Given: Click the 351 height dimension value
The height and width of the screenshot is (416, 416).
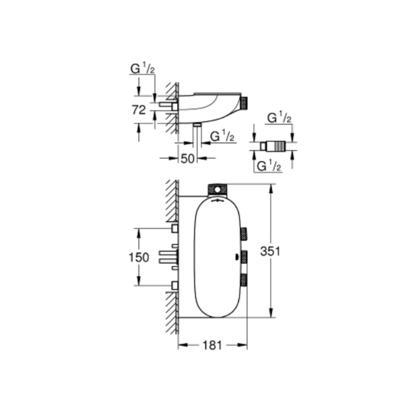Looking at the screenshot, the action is [270, 251].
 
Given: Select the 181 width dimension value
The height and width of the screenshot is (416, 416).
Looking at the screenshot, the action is [212, 345].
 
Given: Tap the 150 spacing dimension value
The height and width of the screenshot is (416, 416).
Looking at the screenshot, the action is [139, 258].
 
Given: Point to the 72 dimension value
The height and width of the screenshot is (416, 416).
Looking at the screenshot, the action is [139, 110].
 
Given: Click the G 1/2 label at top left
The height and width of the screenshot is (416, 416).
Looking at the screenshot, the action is [142, 69].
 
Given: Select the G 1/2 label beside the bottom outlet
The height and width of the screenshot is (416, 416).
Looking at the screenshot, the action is [222, 136].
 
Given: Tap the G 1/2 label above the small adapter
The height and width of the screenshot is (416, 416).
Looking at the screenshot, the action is [280, 118].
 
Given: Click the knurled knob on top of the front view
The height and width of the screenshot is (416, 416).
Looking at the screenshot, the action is [218, 190].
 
